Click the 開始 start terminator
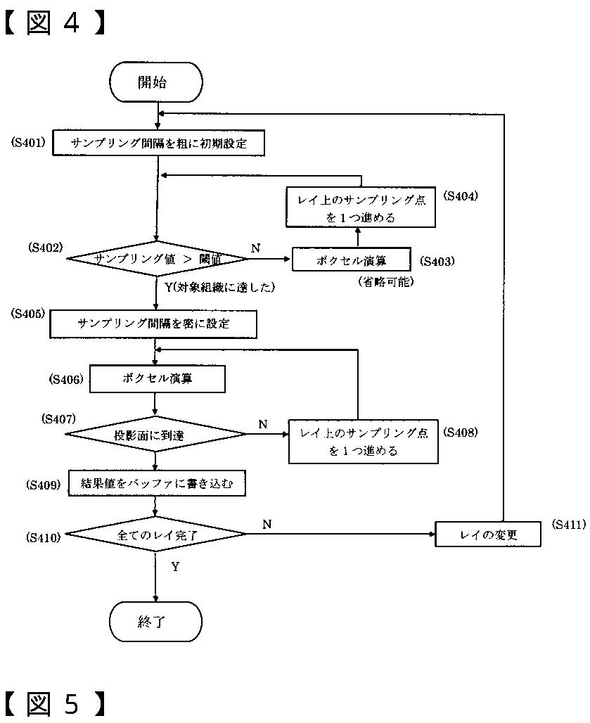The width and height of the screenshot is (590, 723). click(x=156, y=82)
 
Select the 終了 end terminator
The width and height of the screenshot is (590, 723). click(x=155, y=622)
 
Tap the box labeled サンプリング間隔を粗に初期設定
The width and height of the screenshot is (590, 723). click(x=158, y=143)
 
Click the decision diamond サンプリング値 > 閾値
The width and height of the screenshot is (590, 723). click(x=158, y=259)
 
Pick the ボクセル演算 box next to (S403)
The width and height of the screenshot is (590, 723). click(x=351, y=260)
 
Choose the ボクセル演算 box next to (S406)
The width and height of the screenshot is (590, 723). click(x=158, y=378)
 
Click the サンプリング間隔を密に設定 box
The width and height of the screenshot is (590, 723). click(x=153, y=324)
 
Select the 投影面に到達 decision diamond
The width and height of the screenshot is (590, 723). click(x=155, y=435)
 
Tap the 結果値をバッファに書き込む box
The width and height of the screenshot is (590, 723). click(x=157, y=483)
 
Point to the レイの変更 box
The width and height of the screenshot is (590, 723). click(x=487, y=535)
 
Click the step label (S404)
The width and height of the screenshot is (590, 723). click(x=461, y=196)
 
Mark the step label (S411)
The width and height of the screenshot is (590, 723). click(x=569, y=524)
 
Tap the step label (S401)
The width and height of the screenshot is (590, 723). click(x=28, y=142)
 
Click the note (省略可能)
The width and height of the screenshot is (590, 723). click(x=385, y=281)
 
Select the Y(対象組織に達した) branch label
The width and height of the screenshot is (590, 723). click(x=219, y=287)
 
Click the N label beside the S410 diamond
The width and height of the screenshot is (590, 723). click(x=267, y=524)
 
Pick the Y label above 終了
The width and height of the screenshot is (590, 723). click(x=175, y=567)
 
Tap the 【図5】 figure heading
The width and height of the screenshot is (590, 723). click(x=54, y=703)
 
